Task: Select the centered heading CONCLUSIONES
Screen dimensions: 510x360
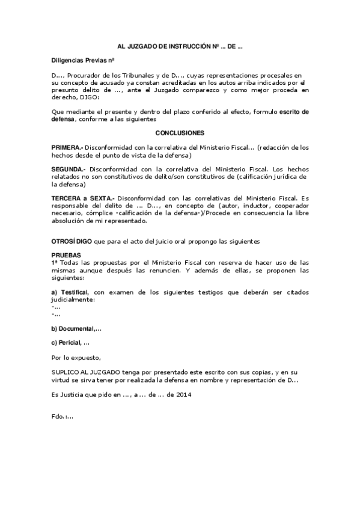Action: [x=180, y=132]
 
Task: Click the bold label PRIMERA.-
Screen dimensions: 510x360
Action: [x=67, y=147]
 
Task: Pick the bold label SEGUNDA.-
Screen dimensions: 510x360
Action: [x=68, y=170]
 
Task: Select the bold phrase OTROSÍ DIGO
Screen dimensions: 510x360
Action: [x=72, y=241]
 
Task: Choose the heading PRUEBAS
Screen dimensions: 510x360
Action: [x=64, y=256]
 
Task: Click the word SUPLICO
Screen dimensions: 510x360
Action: [x=66, y=372]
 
